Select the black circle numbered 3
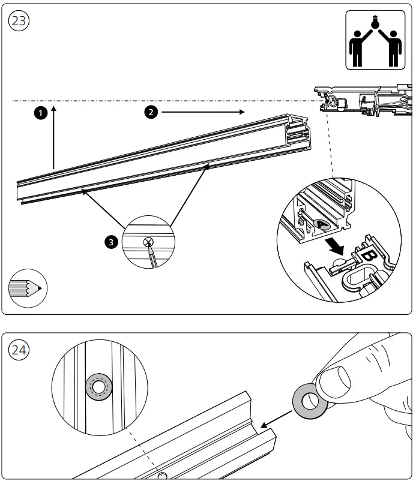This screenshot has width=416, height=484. click(110, 242)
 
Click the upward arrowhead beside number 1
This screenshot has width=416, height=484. click(54, 108)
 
